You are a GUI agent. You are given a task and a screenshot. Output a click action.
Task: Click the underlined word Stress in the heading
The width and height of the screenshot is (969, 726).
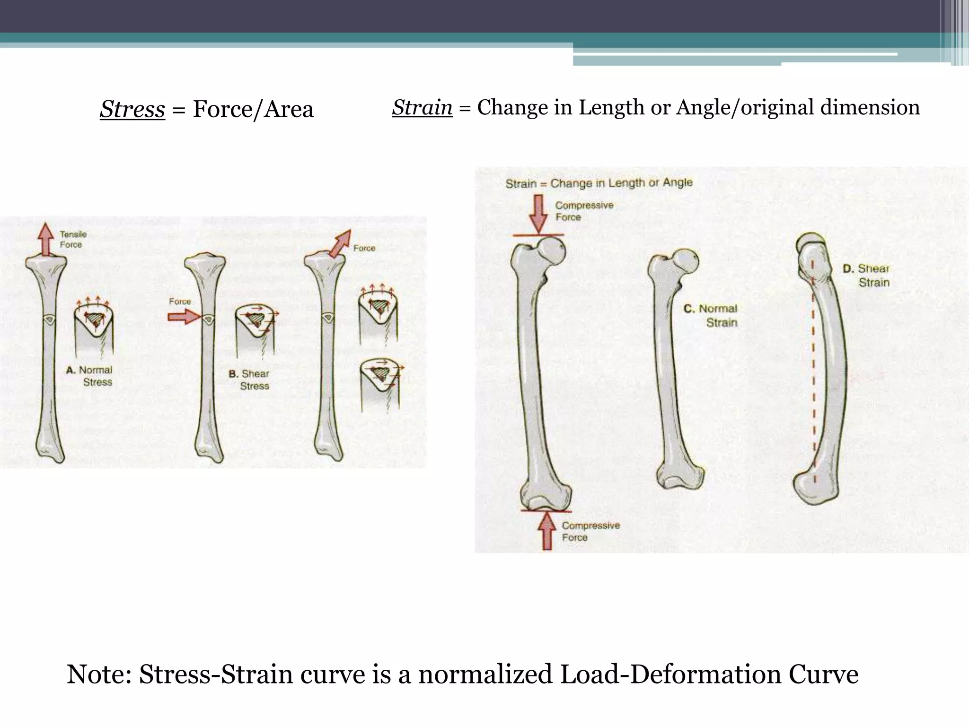[x=132, y=109]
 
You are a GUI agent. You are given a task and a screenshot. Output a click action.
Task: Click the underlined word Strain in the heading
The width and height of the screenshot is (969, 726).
[x=422, y=107]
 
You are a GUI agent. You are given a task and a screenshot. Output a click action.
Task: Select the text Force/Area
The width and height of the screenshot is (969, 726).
[x=253, y=109]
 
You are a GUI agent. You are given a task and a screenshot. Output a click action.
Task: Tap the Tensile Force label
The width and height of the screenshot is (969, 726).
[x=72, y=239]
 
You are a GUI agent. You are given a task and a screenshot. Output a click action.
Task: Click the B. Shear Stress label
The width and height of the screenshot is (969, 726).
[x=250, y=380]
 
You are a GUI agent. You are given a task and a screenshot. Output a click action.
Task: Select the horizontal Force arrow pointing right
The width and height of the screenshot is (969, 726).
[x=184, y=316]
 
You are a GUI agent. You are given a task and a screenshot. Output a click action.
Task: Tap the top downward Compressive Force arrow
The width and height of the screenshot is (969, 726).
[x=538, y=213]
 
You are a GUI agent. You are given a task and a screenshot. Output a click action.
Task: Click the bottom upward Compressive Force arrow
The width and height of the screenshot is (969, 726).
[x=547, y=530]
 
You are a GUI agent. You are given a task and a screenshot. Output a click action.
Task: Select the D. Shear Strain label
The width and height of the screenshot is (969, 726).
[x=867, y=275]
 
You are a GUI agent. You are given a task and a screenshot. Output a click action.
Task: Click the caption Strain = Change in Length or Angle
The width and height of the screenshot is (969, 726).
[x=599, y=183]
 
